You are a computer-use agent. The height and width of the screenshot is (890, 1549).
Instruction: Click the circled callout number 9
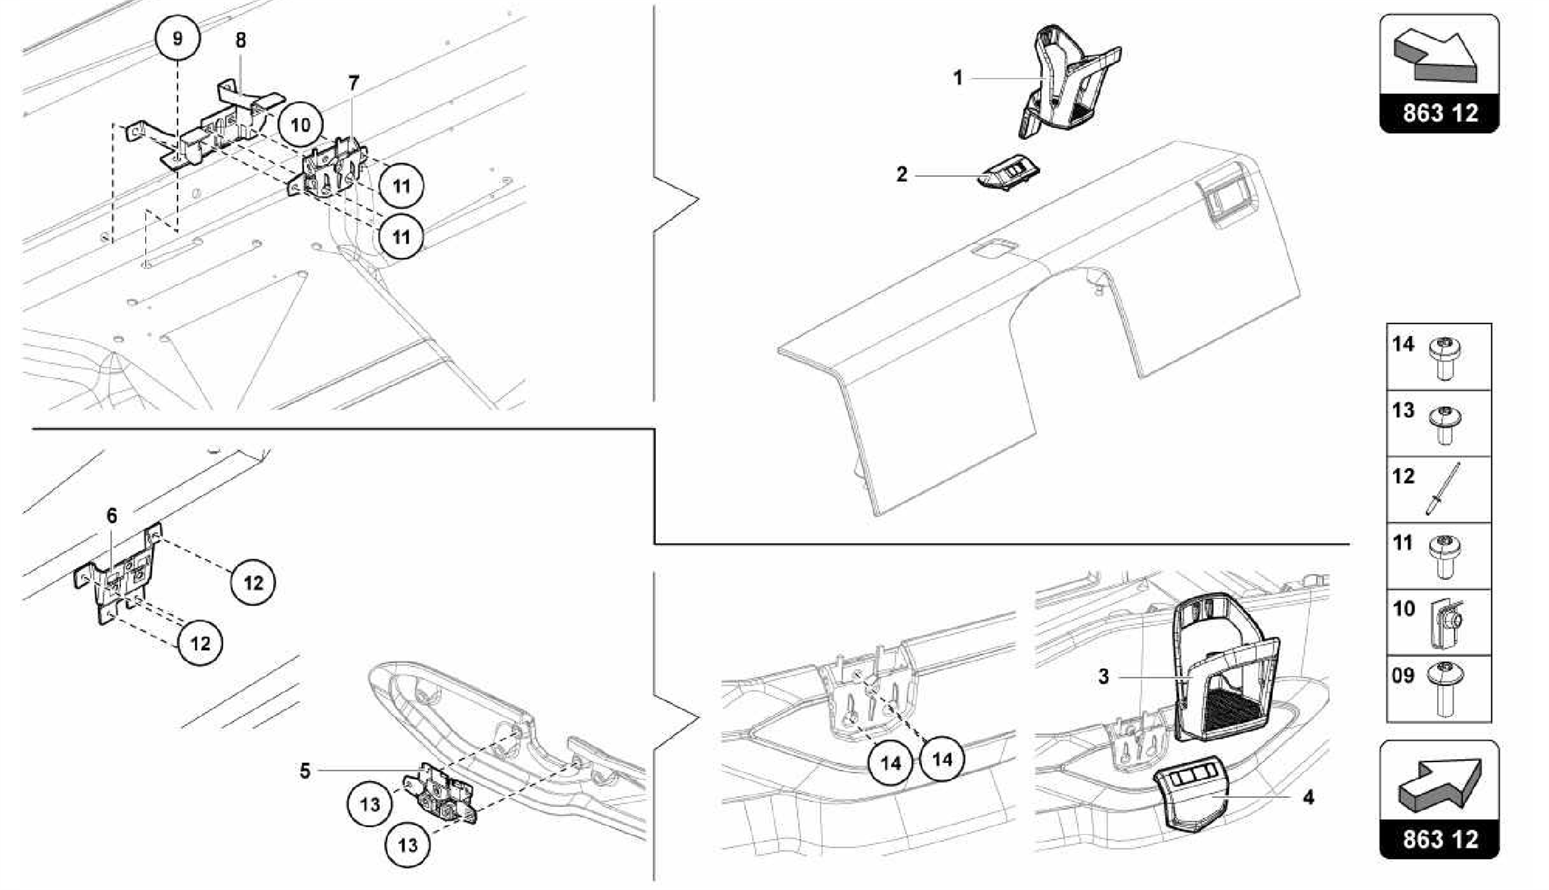(178, 39)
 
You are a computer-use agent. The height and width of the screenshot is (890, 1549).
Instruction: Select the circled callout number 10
(300, 125)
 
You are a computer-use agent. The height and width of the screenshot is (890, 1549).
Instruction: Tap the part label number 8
(241, 41)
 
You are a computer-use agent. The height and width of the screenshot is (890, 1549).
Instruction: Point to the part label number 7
(354, 83)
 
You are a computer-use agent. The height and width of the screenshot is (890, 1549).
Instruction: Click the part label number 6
(112, 516)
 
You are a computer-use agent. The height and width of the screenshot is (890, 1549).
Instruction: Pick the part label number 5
(305, 771)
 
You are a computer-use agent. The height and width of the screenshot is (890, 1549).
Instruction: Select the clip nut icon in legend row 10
(1444, 622)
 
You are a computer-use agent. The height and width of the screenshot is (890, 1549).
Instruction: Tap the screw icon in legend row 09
(1444, 687)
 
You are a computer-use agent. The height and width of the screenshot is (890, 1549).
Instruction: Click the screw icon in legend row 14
(1444, 358)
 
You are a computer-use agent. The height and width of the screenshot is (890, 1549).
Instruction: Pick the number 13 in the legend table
(1403, 411)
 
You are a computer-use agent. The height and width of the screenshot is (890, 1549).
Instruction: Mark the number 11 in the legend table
(1403, 543)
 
